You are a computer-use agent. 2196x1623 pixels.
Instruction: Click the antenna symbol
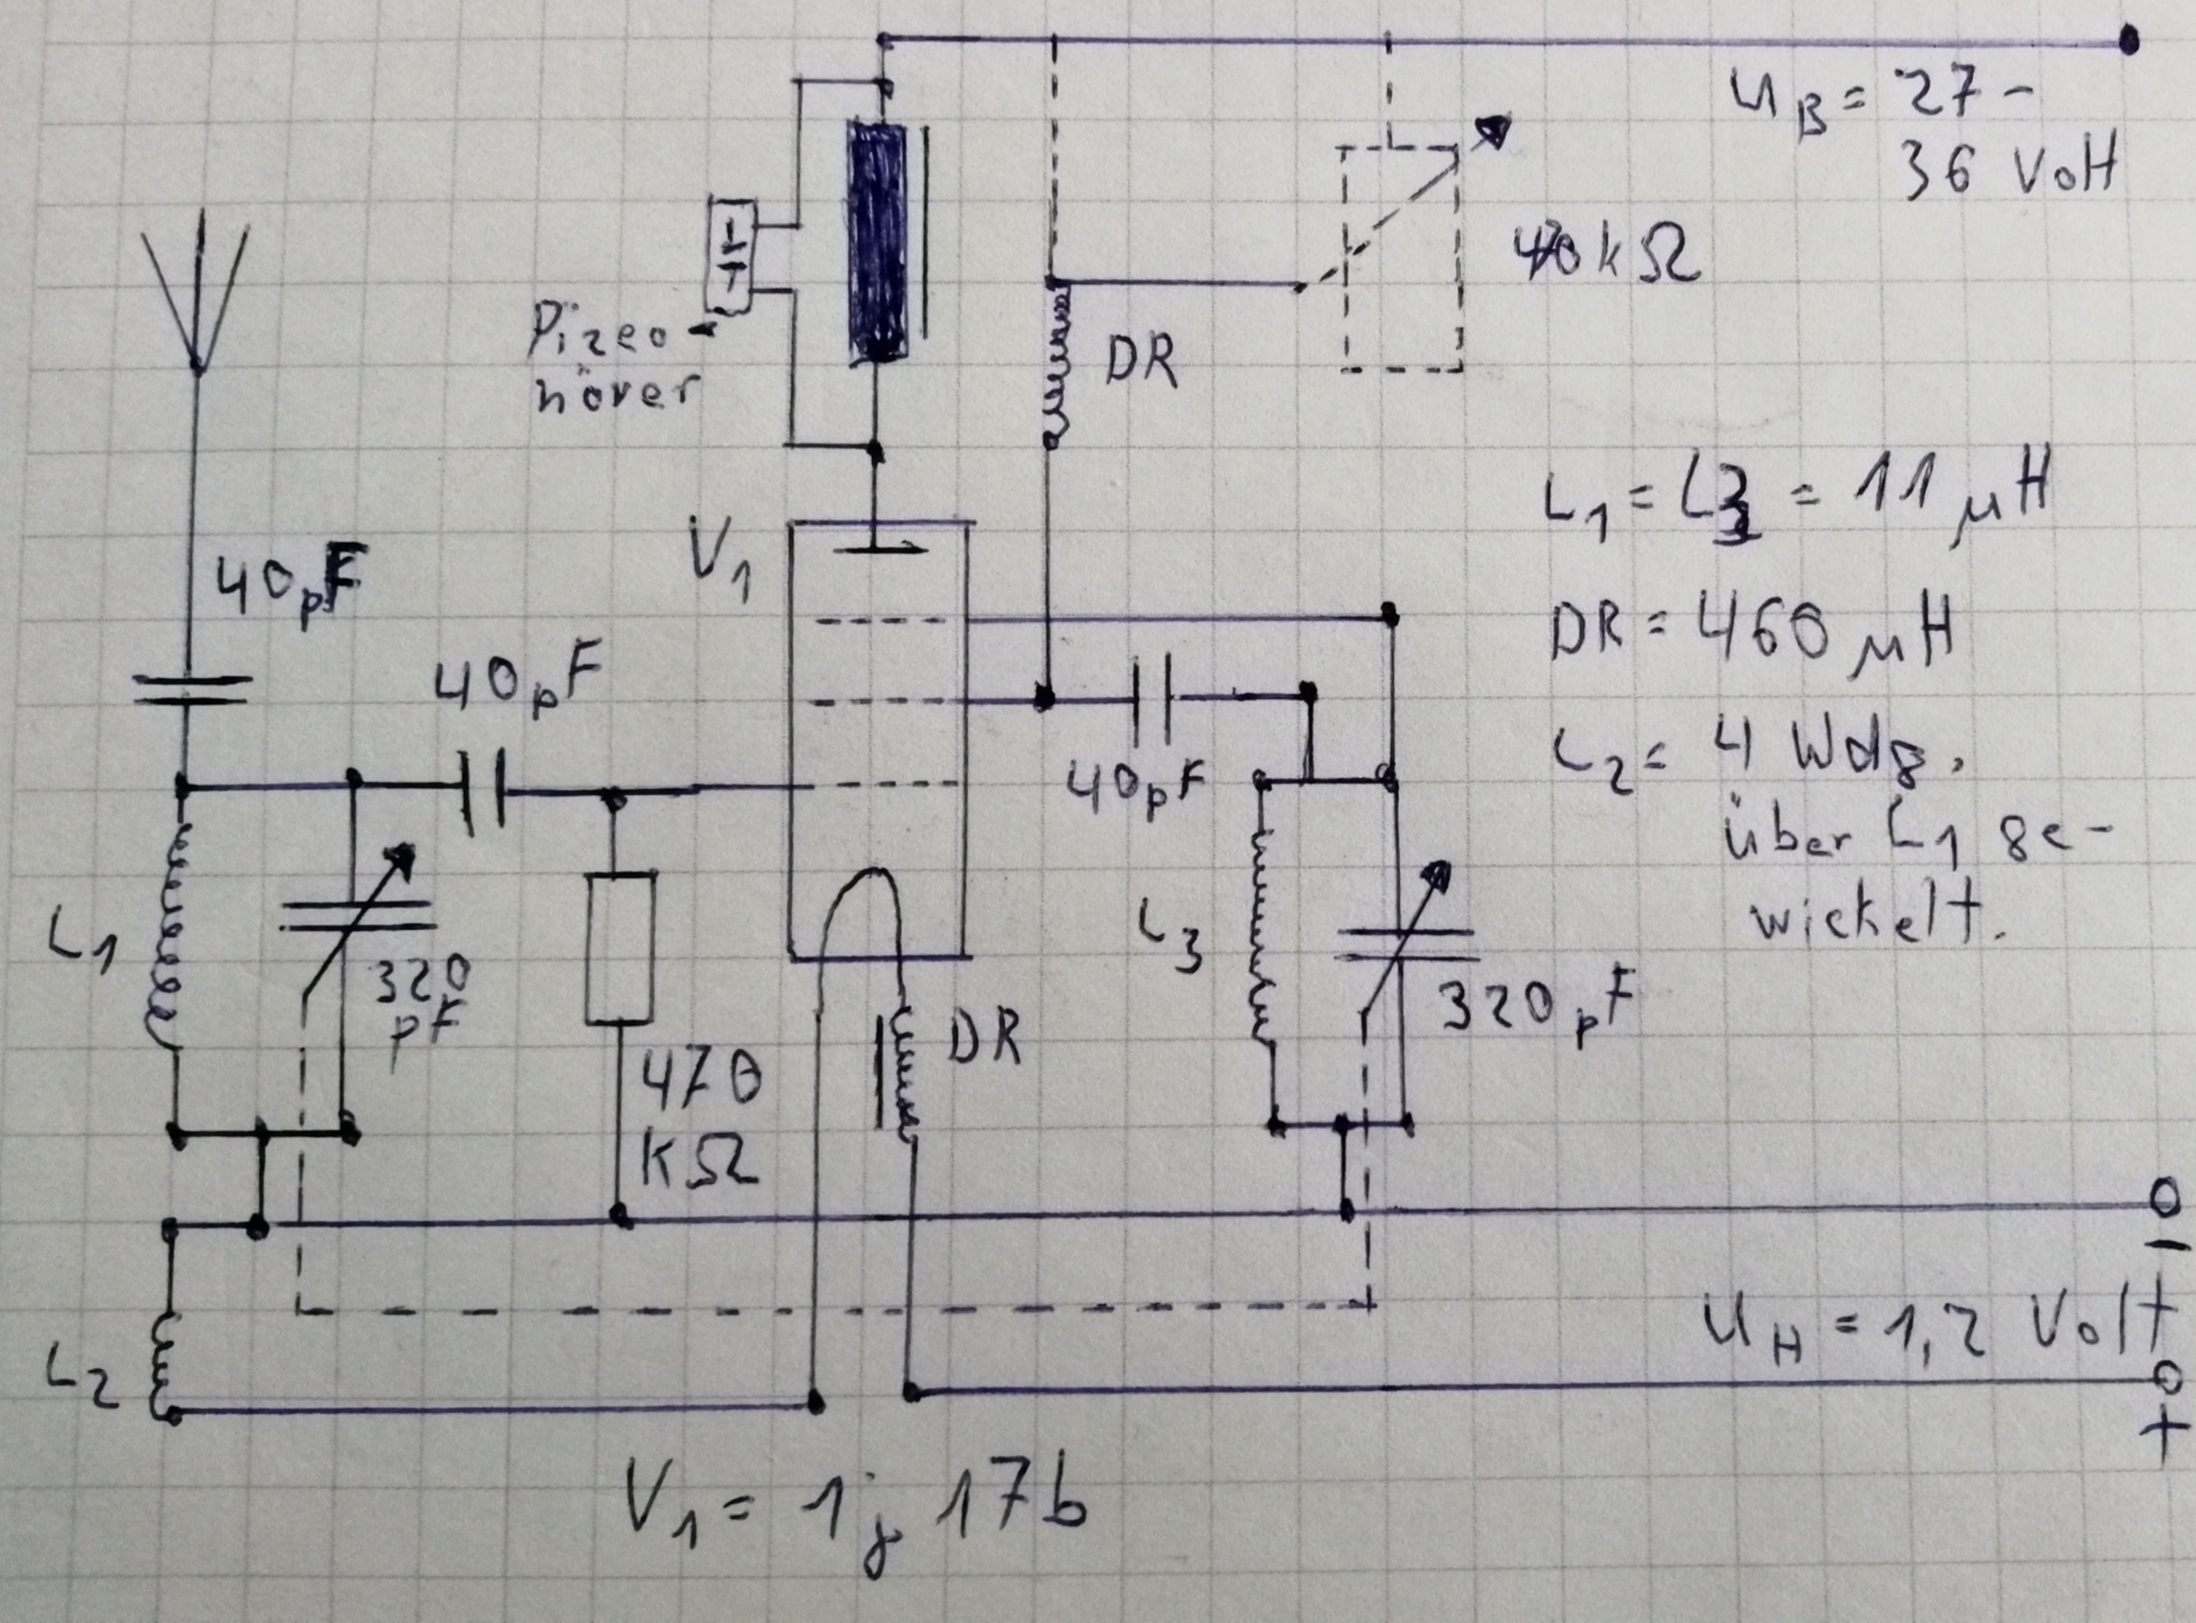197,294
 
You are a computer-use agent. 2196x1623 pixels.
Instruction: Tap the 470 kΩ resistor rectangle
619,947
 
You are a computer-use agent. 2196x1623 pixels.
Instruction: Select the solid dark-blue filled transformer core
878,241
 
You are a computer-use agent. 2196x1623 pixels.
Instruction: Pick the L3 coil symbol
1261,943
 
